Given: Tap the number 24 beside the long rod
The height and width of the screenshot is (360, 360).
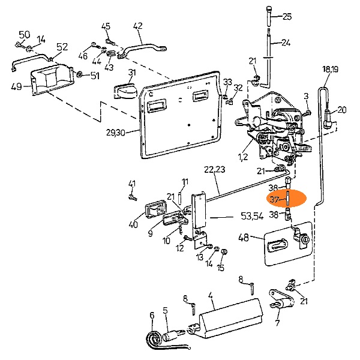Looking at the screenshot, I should pyautogui.click(x=286, y=43).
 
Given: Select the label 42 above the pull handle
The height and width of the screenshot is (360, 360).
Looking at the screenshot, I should pyautogui.click(x=137, y=26).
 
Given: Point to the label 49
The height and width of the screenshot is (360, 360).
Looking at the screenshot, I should pyautogui.click(x=16, y=86).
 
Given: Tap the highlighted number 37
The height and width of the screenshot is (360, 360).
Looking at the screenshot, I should pyautogui.click(x=274, y=200).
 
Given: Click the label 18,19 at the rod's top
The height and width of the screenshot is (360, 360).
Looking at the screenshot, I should pyautogui.click(x=330, y=70).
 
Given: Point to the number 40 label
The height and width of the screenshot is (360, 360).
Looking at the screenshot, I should pyautogui.click(x=133, y=224).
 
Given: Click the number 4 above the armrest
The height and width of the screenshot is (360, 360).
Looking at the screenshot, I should pyautogui.click(x=211, y=295).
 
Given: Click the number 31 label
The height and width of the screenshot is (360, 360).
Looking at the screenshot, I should pyautogui.click(x=132, y=73).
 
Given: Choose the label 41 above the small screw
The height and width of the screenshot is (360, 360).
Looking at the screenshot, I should pyautogui.click(x=132, y=184).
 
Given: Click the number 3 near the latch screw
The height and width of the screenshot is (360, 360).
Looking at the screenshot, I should pyautogui.click(x=305, y=96).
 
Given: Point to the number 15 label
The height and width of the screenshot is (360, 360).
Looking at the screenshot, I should pyautogui.click(x=221, y=268).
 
